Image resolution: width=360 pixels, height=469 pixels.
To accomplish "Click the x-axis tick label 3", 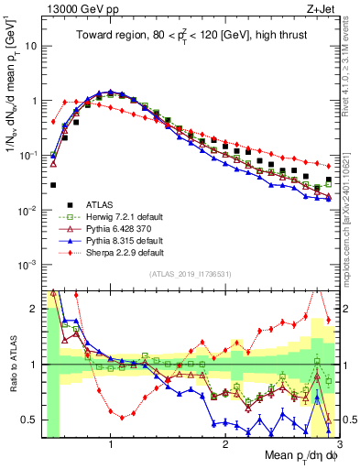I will [x=339, y=446].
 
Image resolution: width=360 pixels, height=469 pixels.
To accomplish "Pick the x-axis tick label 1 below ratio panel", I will [x=111, y=446].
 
